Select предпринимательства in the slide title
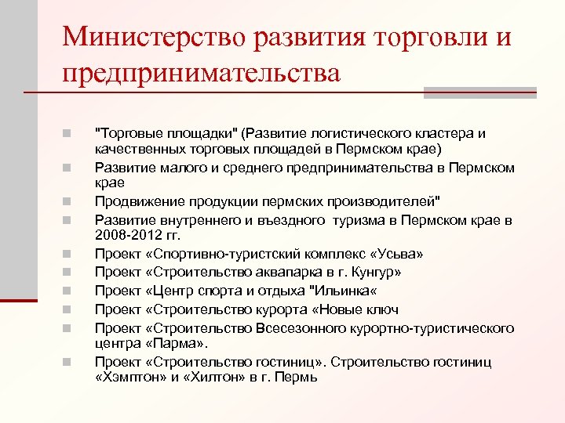[202, 74]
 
